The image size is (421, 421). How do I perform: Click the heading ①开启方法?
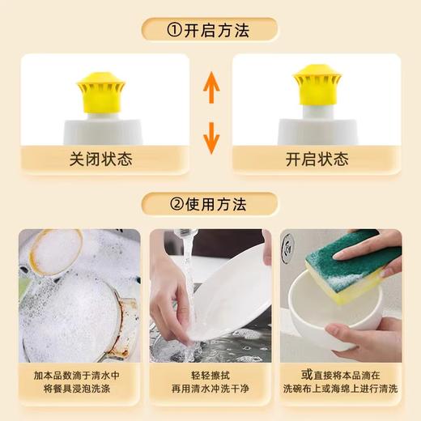pyautogui.click(x=210, y=30)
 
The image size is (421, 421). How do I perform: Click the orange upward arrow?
pyautogui.click(x=210, y=87)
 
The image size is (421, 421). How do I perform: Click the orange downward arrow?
pyautogui.click(x=210, y=137)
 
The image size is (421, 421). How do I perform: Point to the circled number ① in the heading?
pyautogui.click(x=174, y=30)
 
